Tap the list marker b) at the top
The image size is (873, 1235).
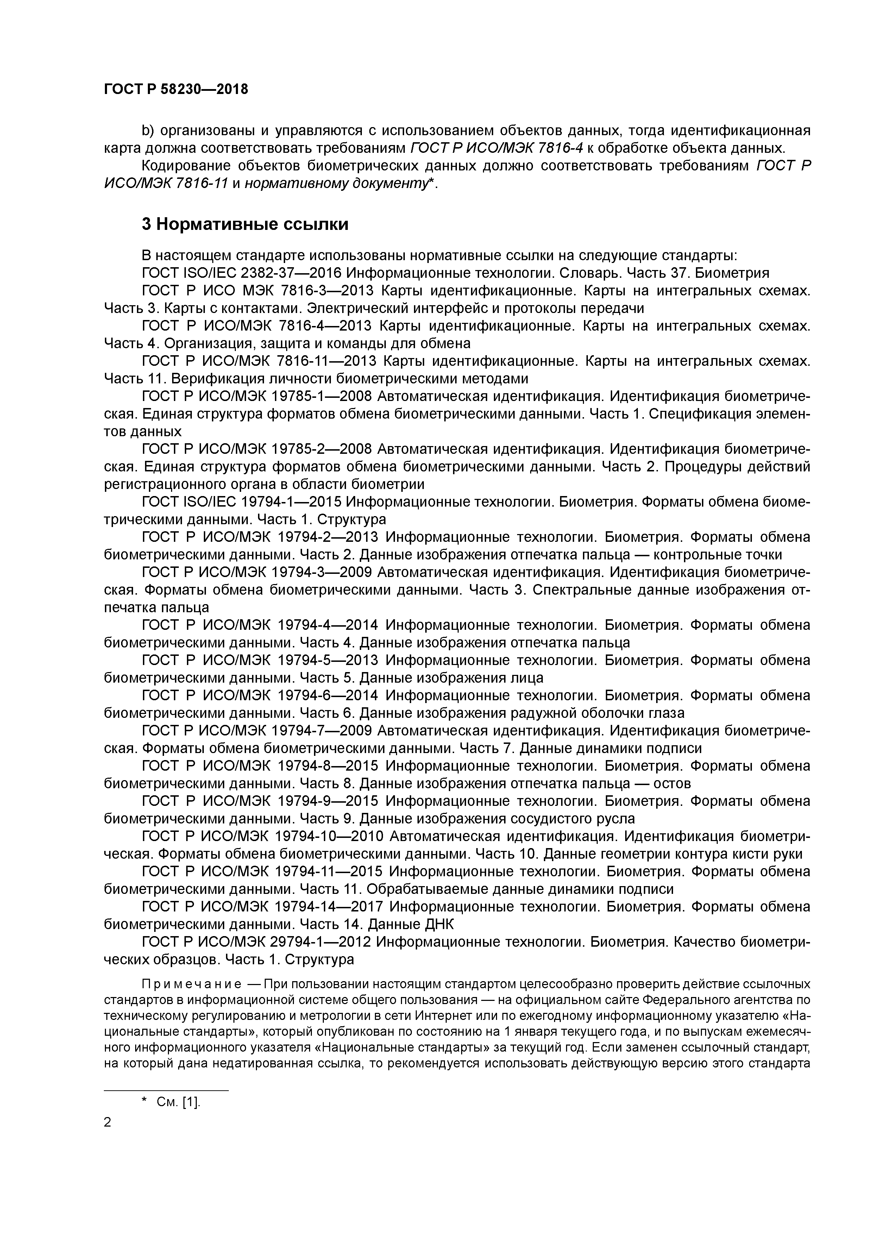pos(148,130)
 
